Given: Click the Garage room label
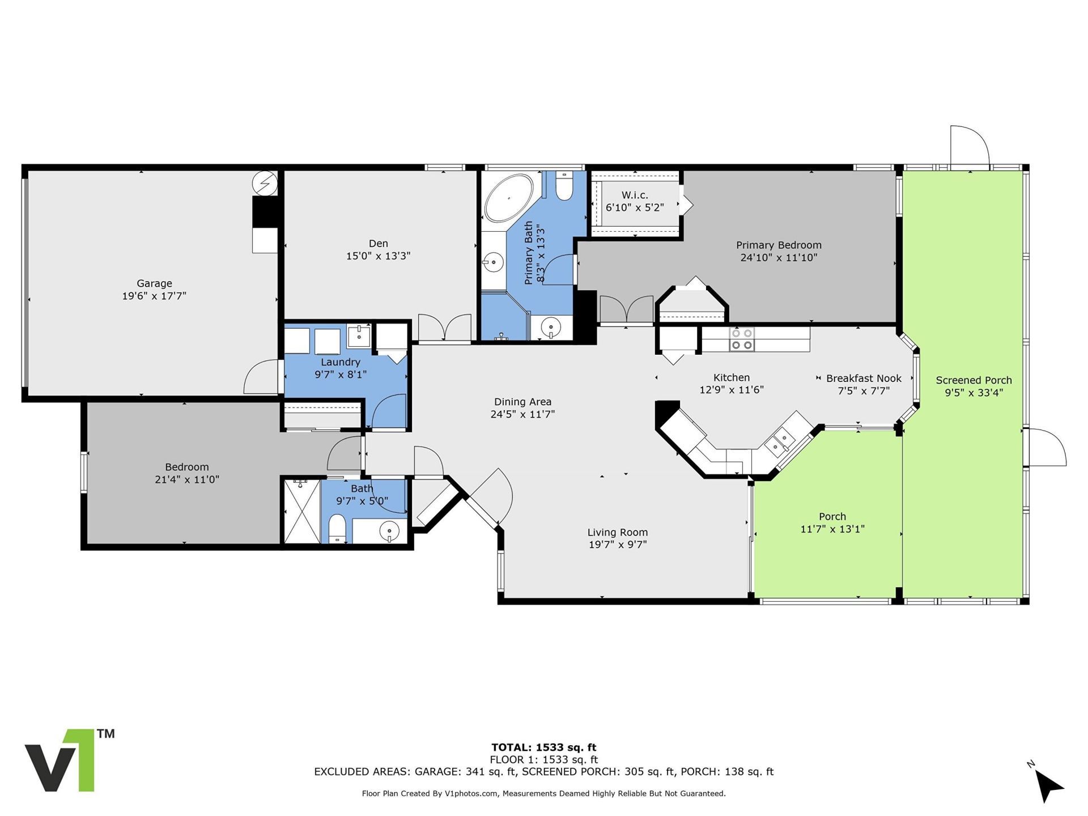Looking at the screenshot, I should pyautogui.click(x=154, y=283).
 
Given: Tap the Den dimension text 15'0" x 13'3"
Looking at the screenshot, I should pyautogui.click(x=378, y=256).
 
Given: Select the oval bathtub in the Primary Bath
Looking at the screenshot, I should pyautogui.click(x=508, y=198).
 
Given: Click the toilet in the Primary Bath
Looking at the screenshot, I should pyautogui.click(x=564, y=186).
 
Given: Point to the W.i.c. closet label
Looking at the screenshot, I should pyautogui.click(x=635, y=195).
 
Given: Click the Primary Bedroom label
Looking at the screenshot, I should pyautogui.click(x=779, y=245).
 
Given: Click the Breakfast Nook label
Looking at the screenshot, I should pyautogui.click(x=864, y=379).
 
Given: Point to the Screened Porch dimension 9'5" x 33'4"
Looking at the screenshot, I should pyautogui.click(x=974, y=393).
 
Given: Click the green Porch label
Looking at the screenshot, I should pyautogui.click(x=832, y=516).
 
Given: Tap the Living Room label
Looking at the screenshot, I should pyautogui.click(x=617, y=532).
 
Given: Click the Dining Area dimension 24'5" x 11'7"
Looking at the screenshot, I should pyautogui.click(x=522, y=414).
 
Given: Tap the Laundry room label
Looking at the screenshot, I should pyautogui.click(x=340, y=362).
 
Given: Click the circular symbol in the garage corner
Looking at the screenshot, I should pyautogui.click(x=265, y=183).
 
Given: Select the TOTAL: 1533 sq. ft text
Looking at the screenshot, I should pyautogui.click(x=543, y=747).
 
